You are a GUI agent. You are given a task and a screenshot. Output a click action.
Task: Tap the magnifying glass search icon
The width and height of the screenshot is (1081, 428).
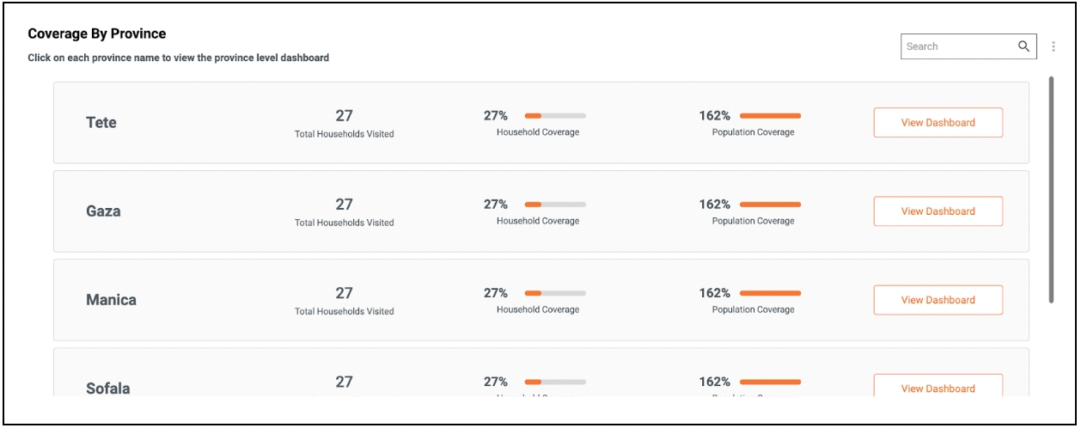1023,46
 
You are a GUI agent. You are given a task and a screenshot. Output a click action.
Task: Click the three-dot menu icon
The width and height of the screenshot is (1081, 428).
1054,46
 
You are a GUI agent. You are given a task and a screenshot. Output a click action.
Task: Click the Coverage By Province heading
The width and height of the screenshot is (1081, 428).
97,34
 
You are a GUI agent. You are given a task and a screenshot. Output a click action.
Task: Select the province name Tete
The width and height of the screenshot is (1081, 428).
101,123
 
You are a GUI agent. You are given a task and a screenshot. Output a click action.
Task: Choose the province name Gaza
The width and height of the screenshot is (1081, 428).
103,211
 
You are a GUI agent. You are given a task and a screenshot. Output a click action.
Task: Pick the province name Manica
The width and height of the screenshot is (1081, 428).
111,300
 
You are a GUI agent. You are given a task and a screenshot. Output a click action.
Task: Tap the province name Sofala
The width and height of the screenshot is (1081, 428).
108,388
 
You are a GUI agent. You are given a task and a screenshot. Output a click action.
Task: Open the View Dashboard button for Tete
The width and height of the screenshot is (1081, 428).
937,123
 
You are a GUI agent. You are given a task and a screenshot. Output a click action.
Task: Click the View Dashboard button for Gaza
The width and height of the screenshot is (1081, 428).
937,211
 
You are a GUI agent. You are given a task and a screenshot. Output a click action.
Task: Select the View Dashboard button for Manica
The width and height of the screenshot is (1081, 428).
937,300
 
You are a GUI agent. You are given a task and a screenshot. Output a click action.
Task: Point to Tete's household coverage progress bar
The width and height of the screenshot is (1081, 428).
555,115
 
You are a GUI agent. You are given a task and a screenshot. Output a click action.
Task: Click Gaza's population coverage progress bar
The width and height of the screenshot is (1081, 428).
770,205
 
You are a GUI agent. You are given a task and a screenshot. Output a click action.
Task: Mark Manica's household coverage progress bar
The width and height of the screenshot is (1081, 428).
555,293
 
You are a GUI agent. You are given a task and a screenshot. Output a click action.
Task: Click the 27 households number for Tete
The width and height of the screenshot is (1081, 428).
344,115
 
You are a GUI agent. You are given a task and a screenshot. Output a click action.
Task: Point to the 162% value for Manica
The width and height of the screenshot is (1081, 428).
714,293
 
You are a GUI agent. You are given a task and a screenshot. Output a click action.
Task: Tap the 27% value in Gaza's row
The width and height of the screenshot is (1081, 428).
496,205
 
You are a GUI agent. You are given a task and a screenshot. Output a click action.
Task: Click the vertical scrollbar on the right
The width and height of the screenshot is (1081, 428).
1051,189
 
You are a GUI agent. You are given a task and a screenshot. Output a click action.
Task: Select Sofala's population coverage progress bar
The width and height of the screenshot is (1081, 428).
770,382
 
